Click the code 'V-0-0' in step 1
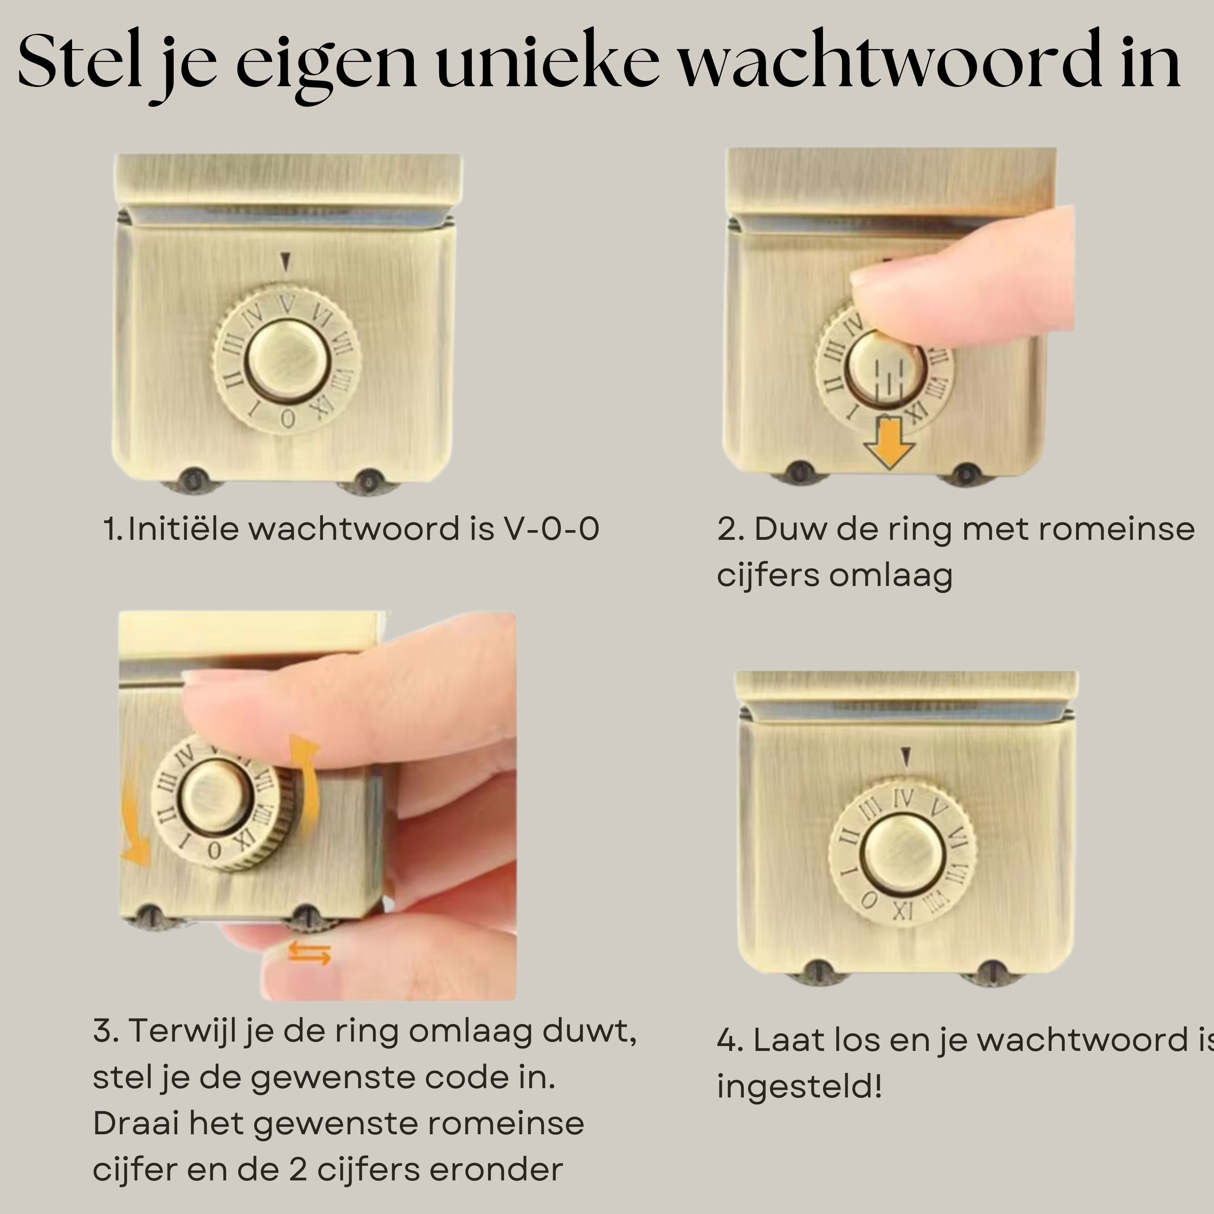551,528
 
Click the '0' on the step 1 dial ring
288,418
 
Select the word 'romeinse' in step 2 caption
1115,528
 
